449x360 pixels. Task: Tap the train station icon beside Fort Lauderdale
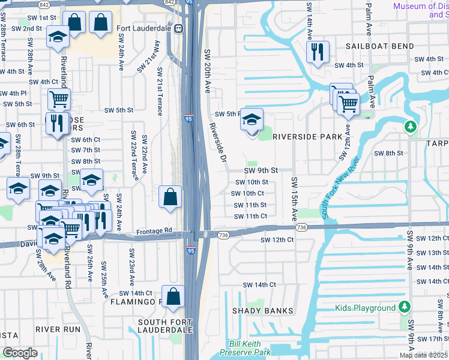tap(178, 28)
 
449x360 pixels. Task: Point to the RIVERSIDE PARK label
tap(307, 137)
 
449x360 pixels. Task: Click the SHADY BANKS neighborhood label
tap(263, 311)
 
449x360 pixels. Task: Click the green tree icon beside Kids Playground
tap(405, 308)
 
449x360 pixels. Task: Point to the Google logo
tap(20, 353)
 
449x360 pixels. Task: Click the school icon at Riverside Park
tap(252, 119)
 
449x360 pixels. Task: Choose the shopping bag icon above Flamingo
tap(172, 297)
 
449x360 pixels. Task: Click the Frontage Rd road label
tap(154, 230)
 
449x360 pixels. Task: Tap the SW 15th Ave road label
tap(294, 197)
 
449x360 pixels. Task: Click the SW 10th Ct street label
tap(249, 193)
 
